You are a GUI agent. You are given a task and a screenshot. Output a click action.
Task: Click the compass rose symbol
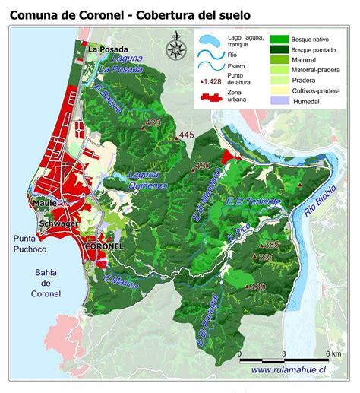click(x=177, y=48)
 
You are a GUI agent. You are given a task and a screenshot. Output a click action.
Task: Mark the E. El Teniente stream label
click(x=254, y=201)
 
